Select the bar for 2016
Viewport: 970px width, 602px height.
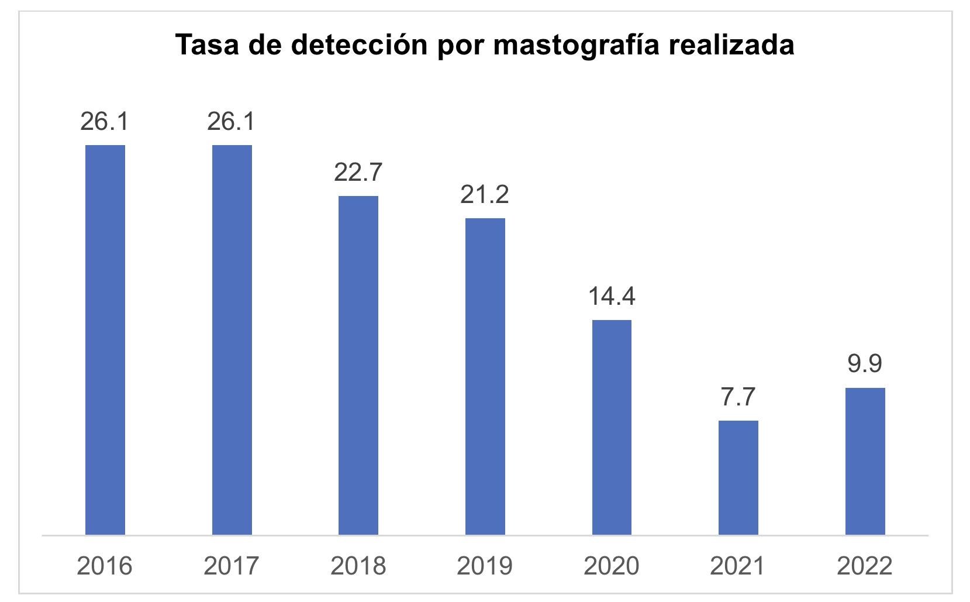[105, 339]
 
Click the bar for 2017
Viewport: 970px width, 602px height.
[232, 339]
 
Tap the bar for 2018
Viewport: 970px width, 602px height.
[358, 365]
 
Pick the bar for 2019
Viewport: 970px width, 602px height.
[485, 376]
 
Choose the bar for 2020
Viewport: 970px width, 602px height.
[612, 427]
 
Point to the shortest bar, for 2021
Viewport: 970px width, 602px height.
[738, 477]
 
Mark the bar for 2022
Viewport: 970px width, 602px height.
[865, 461]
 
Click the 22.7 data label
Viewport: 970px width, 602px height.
[358, 172]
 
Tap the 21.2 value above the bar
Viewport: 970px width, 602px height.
[485, 194]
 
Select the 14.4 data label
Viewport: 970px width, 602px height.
[612, 296]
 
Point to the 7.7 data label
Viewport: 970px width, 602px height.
[738, 397]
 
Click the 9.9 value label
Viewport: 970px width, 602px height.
[865, 363]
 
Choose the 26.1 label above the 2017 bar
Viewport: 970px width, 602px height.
[232, 121]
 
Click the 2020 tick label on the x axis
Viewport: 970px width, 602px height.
[612, 566]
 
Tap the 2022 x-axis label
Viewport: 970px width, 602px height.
[865, 566]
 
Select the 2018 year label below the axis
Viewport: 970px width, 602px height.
[358, 566]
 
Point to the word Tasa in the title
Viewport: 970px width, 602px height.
[208, 44]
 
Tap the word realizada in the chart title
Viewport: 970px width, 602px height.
[731, 44]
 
